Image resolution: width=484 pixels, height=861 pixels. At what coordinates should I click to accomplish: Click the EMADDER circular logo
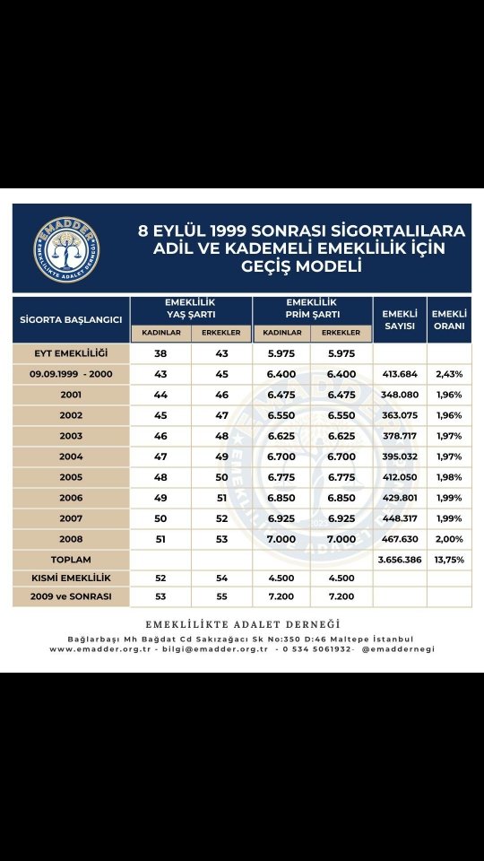click(67, 248)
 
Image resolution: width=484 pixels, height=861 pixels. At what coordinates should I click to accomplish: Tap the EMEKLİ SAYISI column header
click(400, 319)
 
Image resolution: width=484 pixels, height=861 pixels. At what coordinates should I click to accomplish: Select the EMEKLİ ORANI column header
click(449, 319)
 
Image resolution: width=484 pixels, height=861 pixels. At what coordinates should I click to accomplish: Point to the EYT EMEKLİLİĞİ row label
click(71, 353)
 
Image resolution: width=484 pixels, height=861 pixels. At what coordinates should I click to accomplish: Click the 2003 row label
click(71, 436)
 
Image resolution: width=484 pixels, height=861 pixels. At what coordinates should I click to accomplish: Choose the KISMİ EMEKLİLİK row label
click(71, 578)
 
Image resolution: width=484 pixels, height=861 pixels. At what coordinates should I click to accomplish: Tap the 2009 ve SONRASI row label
click(71, 596)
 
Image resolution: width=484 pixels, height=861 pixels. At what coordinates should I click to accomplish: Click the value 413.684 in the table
click(400, 374)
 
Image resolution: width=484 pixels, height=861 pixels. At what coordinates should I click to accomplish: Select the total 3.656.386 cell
click(400, 559)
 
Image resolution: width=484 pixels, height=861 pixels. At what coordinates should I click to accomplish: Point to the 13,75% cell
click(449, 559)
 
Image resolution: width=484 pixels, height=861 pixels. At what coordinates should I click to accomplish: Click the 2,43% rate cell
click(449, 374)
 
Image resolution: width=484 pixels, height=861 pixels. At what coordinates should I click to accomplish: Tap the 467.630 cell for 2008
click(400, 539)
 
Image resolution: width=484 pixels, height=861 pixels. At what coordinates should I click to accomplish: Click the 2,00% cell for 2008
click(449, 539)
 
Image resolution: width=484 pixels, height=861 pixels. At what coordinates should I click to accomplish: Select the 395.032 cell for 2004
click(400, 457)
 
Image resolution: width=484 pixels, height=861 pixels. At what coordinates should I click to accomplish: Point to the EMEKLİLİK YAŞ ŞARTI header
click(190, 309)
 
